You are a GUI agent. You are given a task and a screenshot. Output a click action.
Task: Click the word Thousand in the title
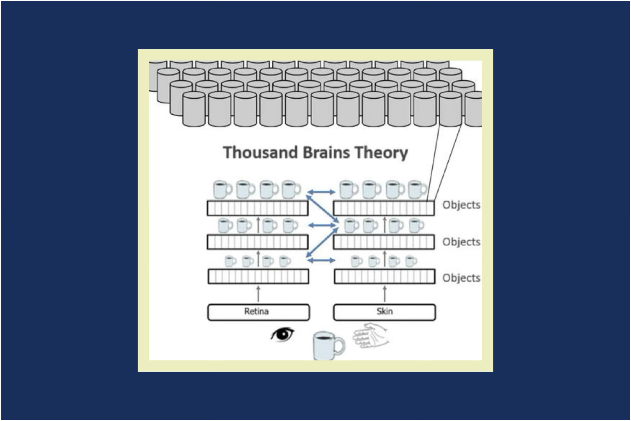(x=261, y=152)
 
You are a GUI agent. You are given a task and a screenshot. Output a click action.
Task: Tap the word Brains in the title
(x=326, y=152)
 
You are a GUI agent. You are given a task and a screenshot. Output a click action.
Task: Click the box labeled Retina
(x=258, y=312)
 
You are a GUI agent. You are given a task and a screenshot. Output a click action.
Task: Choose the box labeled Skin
(x=384, y=312)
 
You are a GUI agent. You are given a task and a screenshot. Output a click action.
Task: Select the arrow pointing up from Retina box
(x=258, y=294)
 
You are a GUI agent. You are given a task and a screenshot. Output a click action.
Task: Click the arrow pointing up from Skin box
(x=384, y=294)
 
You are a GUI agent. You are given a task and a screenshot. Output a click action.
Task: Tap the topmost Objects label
(x=461, y=205)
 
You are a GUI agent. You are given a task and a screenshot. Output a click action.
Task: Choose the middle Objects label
(x=461, y=242)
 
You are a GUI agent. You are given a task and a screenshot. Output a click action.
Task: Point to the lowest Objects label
(x=461, y=278)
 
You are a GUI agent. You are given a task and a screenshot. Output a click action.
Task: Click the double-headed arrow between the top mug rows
(x=321, y=191)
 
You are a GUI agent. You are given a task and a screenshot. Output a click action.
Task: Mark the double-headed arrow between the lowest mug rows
(x=321, y=260)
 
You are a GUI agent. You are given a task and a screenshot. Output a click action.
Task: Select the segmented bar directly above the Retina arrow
(x=258, y=277)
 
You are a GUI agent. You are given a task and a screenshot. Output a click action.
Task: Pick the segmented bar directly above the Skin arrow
(x=384, y=277)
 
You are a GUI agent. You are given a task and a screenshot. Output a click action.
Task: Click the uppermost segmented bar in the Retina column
(x=257, y=208)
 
